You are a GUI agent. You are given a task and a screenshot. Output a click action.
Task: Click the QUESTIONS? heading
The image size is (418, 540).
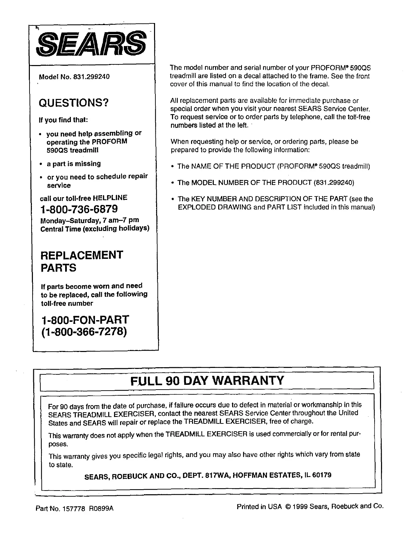pos(74,102)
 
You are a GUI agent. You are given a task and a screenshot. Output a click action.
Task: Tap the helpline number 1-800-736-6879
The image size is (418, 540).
pos(79,208)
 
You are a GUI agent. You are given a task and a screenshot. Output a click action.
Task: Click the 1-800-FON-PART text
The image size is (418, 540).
pos(85,319)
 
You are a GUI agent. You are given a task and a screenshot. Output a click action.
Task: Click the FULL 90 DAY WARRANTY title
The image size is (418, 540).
pos(207,380)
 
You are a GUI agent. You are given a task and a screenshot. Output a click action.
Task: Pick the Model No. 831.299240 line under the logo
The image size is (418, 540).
pos(74,77)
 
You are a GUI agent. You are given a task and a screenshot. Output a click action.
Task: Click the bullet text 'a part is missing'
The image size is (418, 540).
pos(74,164)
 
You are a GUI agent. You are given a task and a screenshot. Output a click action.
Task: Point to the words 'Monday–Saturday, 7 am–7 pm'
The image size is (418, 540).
pos(90,220)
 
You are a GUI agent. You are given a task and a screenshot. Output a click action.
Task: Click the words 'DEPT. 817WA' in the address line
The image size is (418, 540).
pos(202,476)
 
